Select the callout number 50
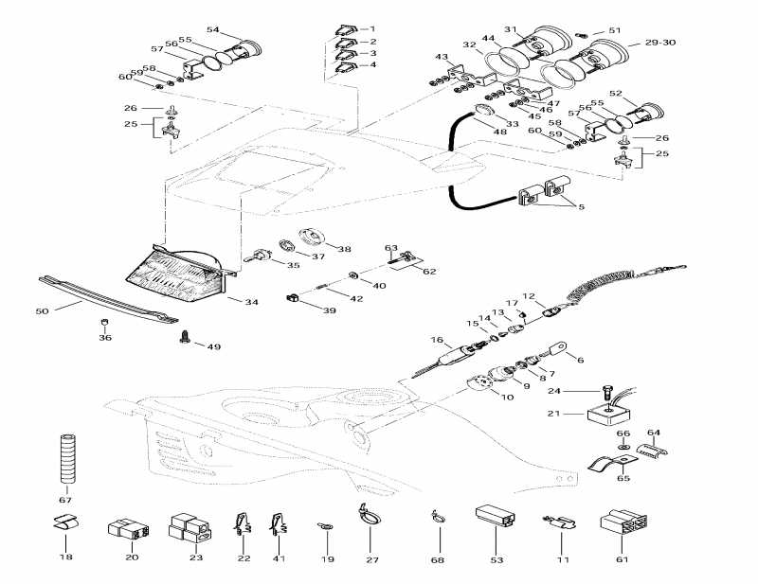tap(41, 311)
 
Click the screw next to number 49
tap(185, 337)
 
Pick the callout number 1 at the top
tap(371, 28)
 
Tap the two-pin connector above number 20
tap(131, 529)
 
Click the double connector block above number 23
tap(187, 525)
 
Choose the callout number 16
tap(437, 340)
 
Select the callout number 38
tap(344, 250)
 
